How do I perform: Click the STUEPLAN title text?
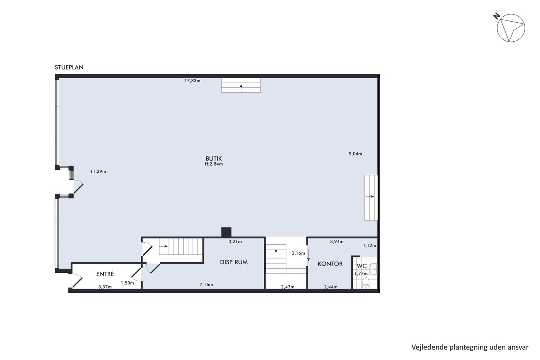[x=69, y=67]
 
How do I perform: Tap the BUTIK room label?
[x=214, y=159]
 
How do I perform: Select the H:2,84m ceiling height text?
[x=214, y=164]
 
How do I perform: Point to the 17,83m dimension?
[x=192, y=81]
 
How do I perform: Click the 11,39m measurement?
[x=98, y=171]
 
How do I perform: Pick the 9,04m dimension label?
[x=355, y=154]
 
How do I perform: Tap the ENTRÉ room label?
[x=105, y=274]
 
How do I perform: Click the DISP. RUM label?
[x=234, y=262]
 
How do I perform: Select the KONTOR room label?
[x=330, y=264]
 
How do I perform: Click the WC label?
[x=362, y=266]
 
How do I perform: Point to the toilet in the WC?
[x=366, y=283]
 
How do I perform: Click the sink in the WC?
[x=373, y=269]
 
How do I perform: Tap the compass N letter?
[x=496, y=16]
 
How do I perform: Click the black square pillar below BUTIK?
[x=226, y=232]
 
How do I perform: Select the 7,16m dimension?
[x=206, y=284]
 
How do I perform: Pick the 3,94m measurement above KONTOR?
[x=337, y=242]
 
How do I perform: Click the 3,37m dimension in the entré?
[x=105, y=287]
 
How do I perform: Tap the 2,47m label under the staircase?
[x=288, y=287]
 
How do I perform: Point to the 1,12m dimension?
[x=370, y=246]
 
